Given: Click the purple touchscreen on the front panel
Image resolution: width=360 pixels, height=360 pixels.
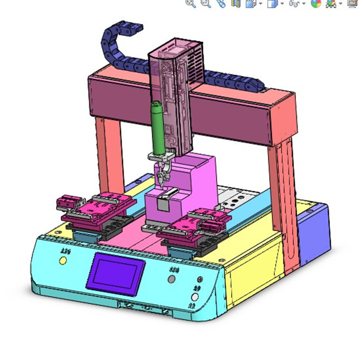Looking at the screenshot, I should [117, 271].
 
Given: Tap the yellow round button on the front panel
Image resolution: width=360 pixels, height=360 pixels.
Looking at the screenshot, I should [63, 261].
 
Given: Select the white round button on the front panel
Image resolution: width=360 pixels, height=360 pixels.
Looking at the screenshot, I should [195, 297].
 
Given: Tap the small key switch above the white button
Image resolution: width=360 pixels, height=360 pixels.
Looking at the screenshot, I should [199, 279].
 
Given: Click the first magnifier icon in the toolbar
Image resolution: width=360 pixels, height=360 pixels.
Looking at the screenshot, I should [191, 3].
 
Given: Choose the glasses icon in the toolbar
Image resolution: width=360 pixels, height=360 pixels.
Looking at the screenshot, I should [294, 4].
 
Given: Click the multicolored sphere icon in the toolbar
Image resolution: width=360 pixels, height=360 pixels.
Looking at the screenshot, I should [316, 3].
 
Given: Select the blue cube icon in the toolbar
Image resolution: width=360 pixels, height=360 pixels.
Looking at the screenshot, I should [272, 4].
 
